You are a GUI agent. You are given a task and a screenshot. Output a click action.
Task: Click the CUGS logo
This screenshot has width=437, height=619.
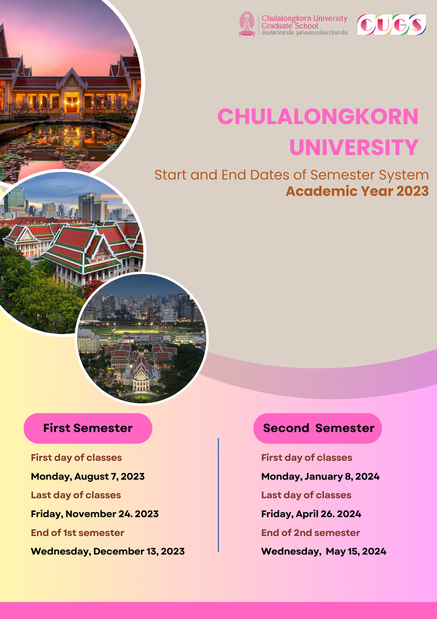pyautogui.click(x=392, y=25)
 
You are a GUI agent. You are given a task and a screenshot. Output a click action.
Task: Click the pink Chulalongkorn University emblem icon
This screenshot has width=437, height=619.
pyautogui.click(x=247, y=25)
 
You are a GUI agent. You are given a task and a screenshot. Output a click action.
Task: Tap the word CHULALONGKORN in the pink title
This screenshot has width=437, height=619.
pyautogui.click(x=318, y=117)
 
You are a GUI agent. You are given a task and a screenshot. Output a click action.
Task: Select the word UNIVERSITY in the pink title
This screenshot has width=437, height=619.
pyautogui.click(x=354, y=147)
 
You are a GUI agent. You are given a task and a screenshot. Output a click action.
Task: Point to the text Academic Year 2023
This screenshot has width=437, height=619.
pyautogui.click(x=357, y=191)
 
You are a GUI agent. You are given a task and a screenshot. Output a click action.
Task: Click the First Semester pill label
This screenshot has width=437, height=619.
pyautogui.click(x=88, y=428)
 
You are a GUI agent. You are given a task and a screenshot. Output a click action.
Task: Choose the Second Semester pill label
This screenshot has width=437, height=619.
pyautogui.click(x=318, y=428)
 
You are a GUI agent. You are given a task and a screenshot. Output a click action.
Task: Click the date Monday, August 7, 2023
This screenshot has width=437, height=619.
pyautogui.click(x=87, y=477)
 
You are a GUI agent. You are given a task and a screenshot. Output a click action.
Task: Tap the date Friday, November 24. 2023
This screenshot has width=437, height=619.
pyautogui.click(x=94, y=514)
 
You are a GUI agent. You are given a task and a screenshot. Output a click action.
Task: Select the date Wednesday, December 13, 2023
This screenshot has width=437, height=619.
pyautogui.click(x=107, y=551)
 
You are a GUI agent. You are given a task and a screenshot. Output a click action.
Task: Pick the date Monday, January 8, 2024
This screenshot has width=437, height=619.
pyautogui.click(x=320, y=477)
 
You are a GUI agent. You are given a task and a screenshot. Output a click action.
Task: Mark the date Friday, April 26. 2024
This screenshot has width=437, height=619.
pyautogui.click(x=311, y=514)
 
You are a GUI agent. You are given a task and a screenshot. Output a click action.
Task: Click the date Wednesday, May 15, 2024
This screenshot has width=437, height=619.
pyautogui.click(x=323, y=551)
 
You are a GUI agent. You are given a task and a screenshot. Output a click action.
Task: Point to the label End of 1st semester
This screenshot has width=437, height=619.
pyautogui.click(x=77, y=533)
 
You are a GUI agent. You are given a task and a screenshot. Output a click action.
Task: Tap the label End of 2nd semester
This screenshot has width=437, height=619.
pyautogui.click(x=310, y=533)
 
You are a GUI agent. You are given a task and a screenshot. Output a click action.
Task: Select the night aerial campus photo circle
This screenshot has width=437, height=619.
pyautogui.click(x=142, y=338)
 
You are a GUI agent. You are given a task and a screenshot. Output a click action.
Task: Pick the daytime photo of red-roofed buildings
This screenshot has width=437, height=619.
pyautogui.click(x=70, y=251)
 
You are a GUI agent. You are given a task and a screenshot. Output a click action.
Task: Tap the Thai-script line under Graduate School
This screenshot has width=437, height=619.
pyautogui.click(x=304, y=33)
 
